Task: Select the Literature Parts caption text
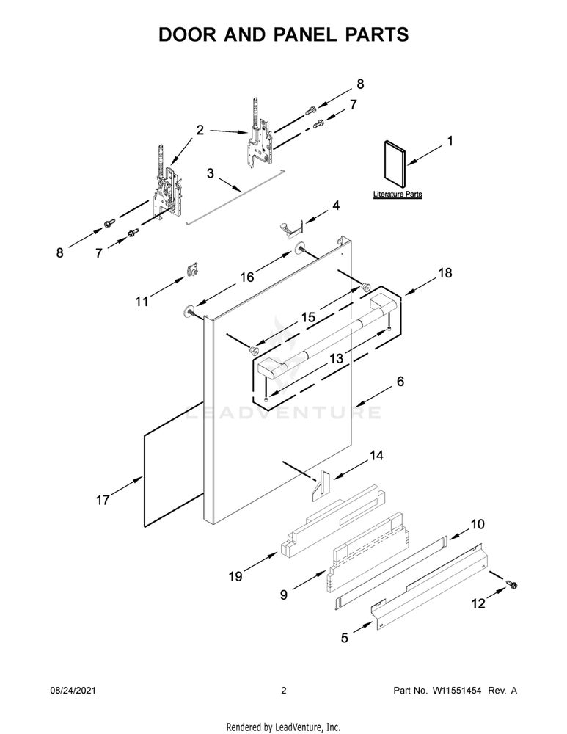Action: pos(398,195)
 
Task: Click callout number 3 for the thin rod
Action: pos(210,174)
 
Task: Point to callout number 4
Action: pos(336,206)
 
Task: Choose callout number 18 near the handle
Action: pos(445,273)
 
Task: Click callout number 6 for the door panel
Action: pos(400,382)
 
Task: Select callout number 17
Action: pos(103,500)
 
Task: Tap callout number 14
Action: pos(376,456)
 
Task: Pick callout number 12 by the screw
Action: pos(478,604)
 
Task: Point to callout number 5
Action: pos(345,638)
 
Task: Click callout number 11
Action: pos(141,300)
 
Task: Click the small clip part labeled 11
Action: pos(194,269)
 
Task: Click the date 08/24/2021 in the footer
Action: pos(73,691)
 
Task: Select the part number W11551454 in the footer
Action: pos(460,691)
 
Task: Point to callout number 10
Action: pos(478,524)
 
